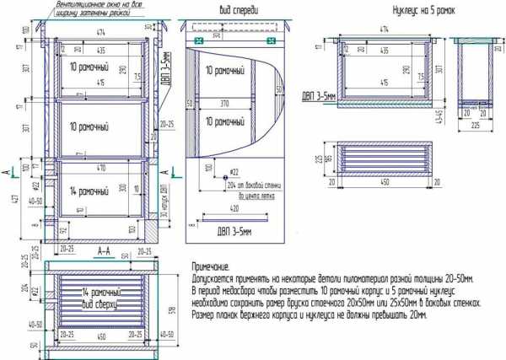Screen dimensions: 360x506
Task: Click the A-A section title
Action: pos(105,250)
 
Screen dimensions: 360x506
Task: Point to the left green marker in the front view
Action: pos(197,40)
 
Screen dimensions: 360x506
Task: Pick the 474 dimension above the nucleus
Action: pos(385,29)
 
